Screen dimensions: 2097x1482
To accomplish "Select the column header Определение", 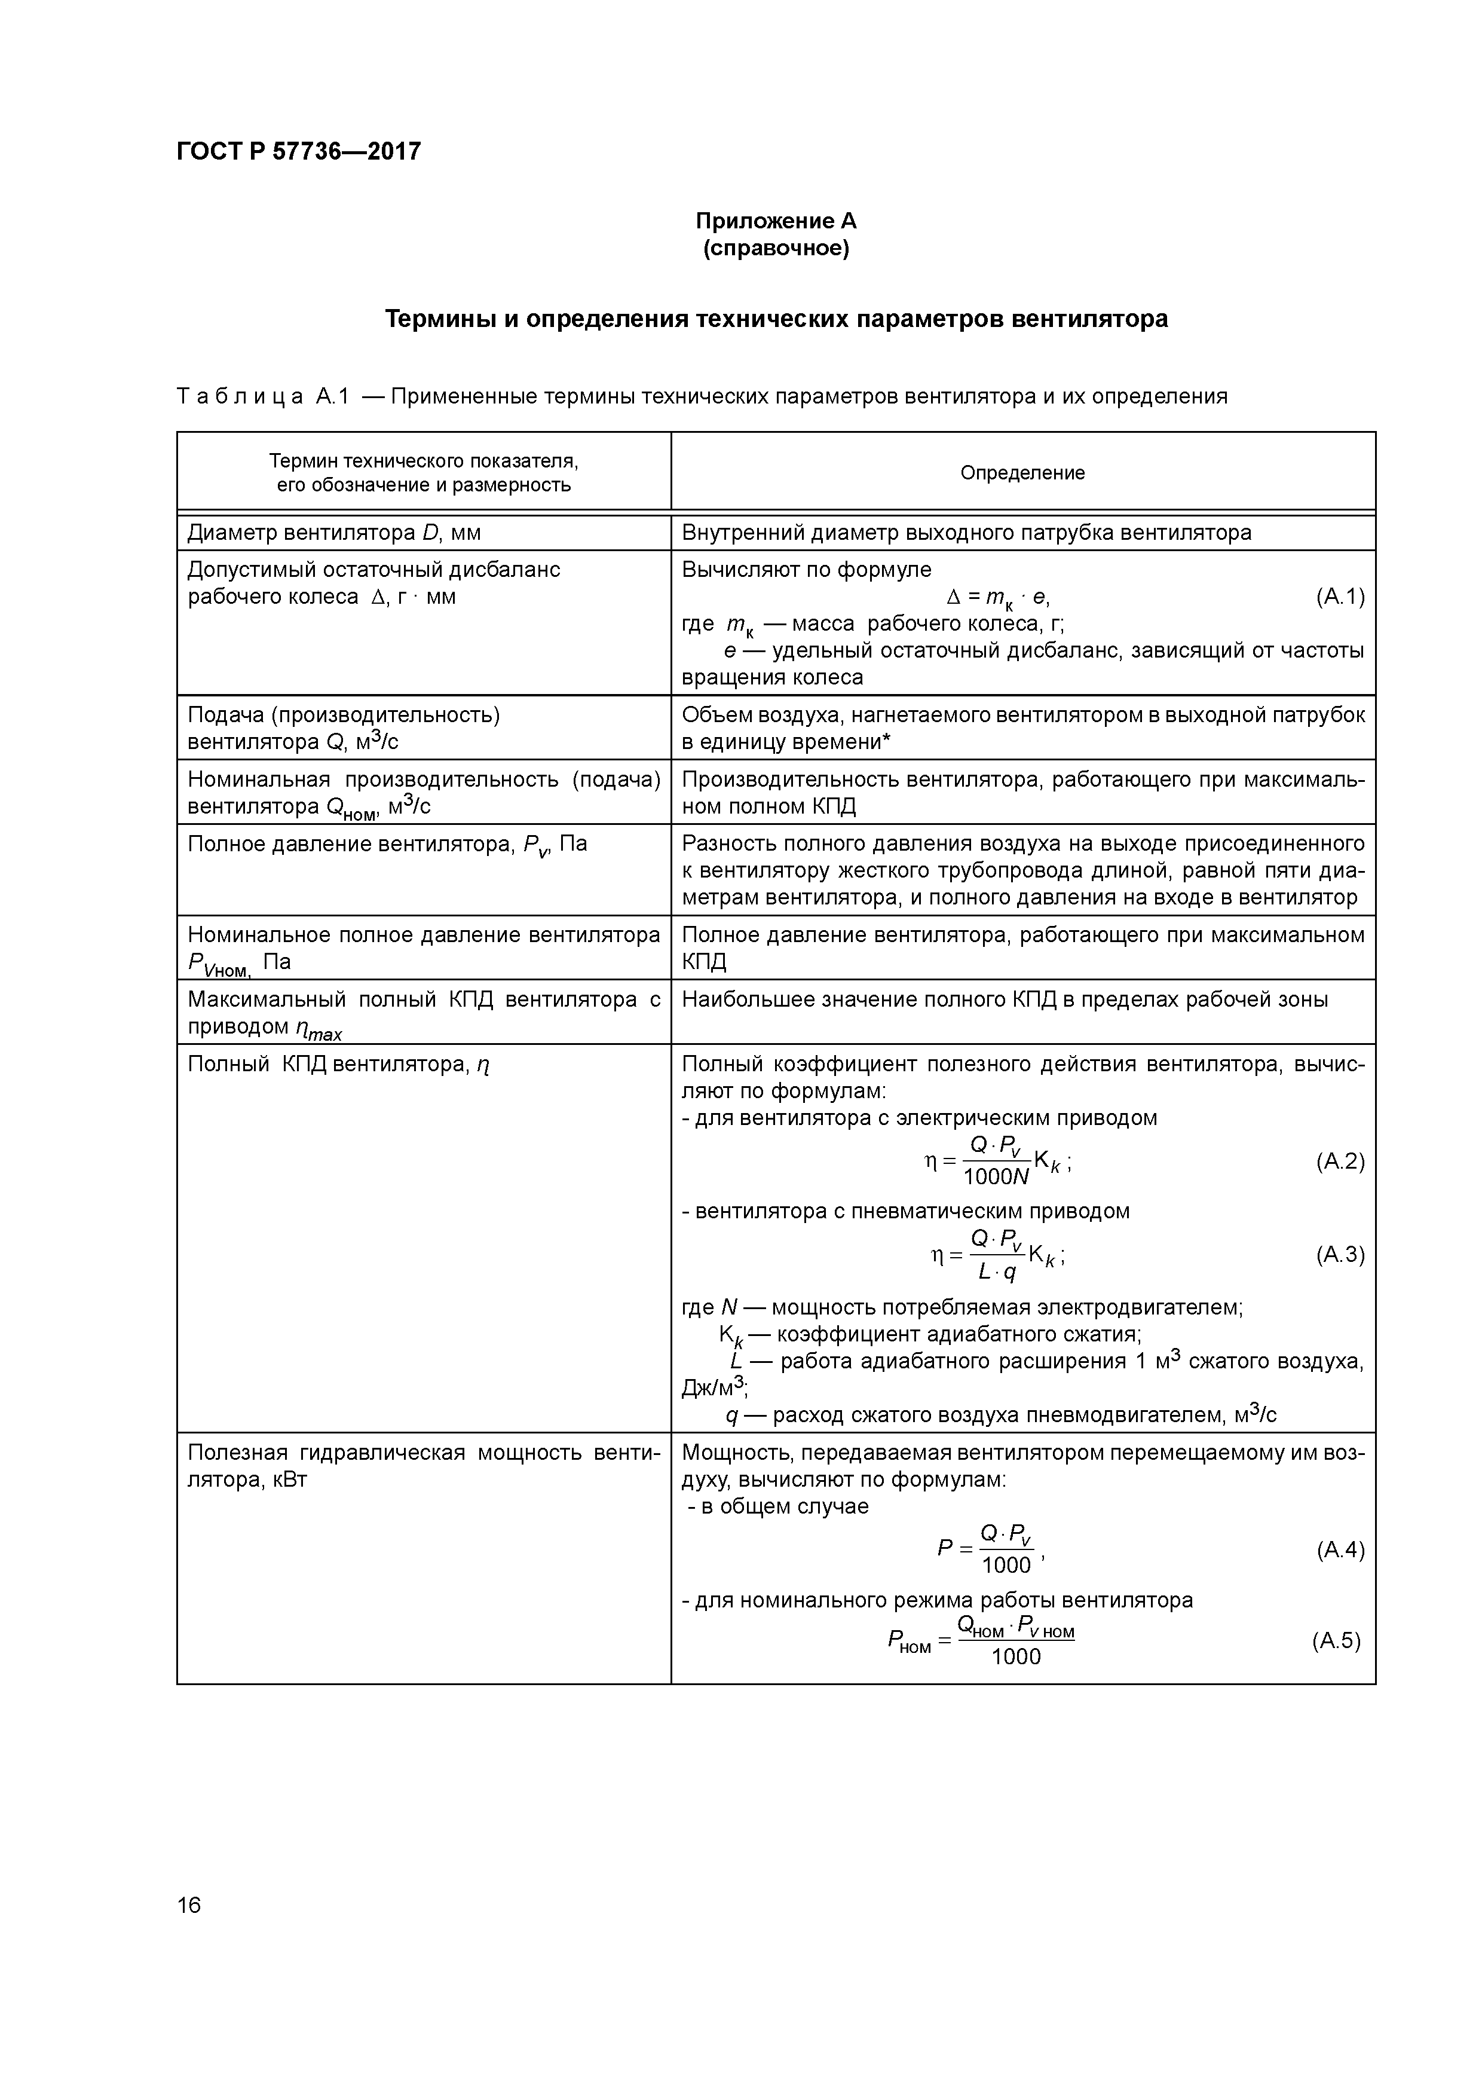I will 1022,472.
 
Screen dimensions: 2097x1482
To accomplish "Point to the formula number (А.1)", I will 1340,597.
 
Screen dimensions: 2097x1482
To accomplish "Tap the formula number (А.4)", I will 1340,1550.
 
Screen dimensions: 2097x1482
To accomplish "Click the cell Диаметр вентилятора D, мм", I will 334,533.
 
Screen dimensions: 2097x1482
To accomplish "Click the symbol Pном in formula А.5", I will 908,1643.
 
